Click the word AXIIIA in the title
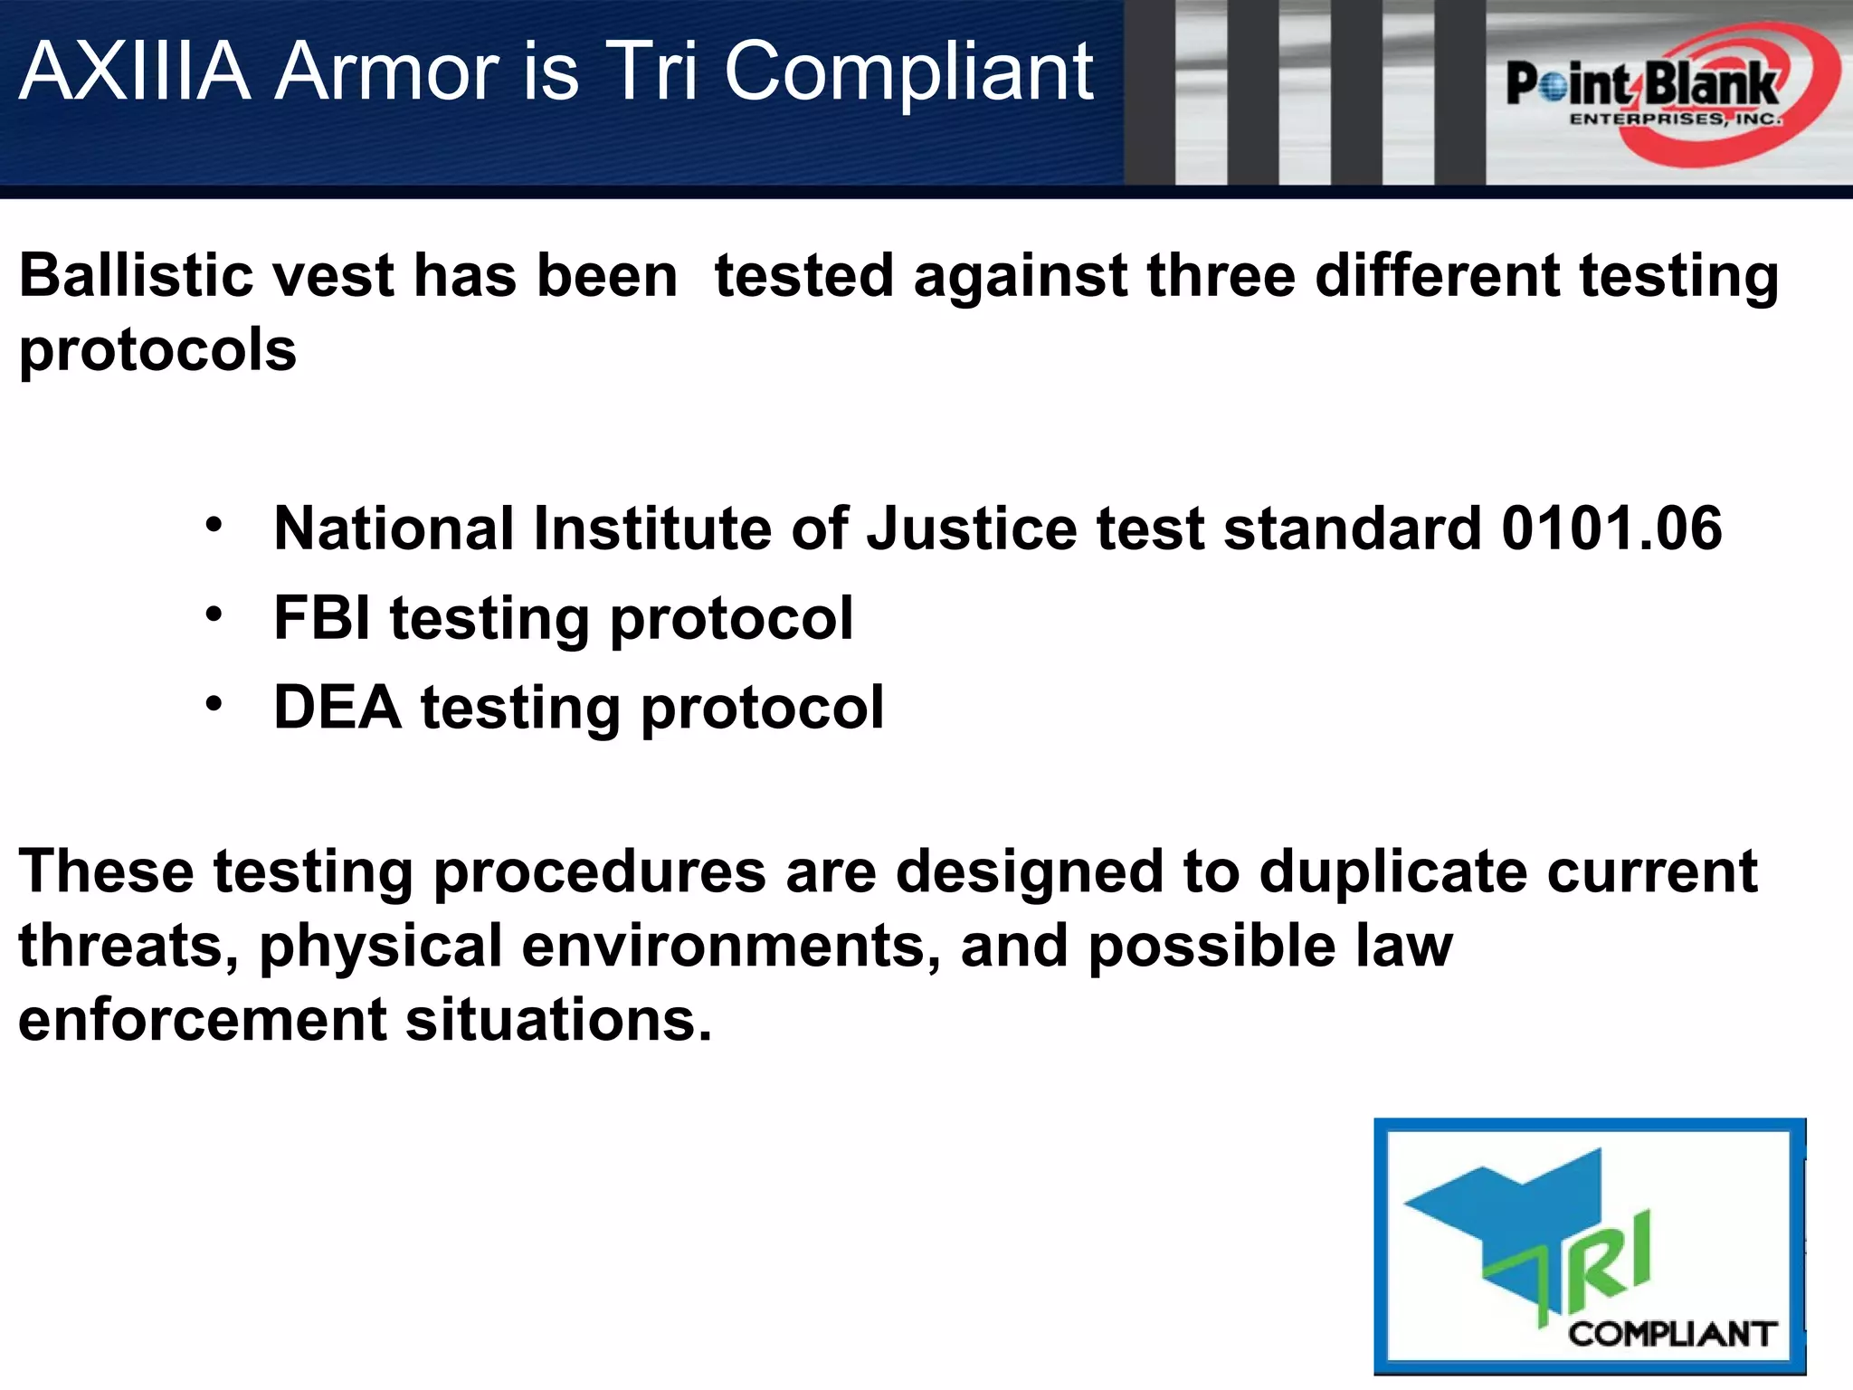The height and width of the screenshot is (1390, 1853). pyautogui.click(x=134, y=71)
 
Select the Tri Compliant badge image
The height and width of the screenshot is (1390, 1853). pyautogui.click(x=1589, y=1247)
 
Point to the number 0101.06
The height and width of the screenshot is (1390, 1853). pyautogui.click(x=1611, y=528)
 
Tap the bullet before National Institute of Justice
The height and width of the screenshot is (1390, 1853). pyautogui.click(x=213, y=525)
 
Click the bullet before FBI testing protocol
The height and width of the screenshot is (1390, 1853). pyautogui.click(x=213, y=614)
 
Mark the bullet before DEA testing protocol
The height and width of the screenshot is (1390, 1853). pyautogui.click(x=213, y=703)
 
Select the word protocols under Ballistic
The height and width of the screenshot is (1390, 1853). pyautogui.click(x=157, y=351)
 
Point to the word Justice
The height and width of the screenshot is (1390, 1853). pyautogui.click(x=971, y=528)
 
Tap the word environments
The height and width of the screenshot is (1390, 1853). pyautogui.click(x=731, y=946)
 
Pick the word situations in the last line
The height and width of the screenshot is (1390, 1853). pyautogui.click(x=558, y=1020)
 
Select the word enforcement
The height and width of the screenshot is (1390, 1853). pyautogui.click(x=202, y=1020)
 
